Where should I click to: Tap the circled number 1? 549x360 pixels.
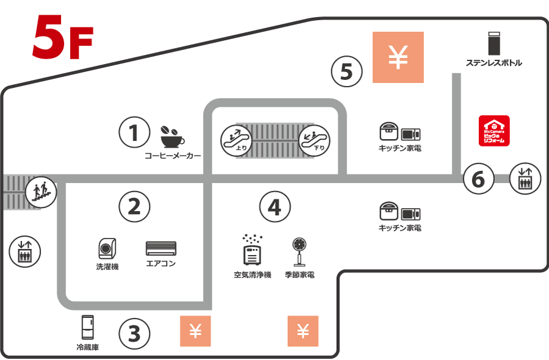[134, 132]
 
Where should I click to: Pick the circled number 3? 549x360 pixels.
[134, 333]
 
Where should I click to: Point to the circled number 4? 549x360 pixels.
[274, 207]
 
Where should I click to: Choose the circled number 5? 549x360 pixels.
[346, 71]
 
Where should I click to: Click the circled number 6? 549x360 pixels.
[478, 179]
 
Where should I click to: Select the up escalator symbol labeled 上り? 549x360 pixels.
[236, 139]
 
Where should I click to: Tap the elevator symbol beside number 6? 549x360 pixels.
[525, 179]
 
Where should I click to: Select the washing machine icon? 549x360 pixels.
[107, 248]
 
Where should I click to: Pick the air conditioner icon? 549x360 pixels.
[161, 248]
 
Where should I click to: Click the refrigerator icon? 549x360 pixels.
[88, 328]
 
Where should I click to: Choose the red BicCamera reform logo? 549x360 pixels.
[494, 131]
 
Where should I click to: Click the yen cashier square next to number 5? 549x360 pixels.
[398, 57]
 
